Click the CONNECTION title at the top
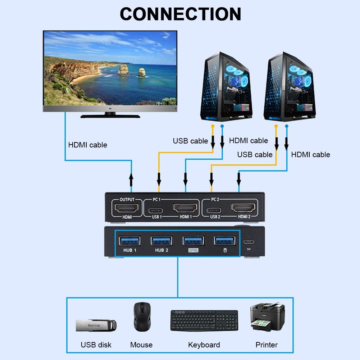pyautogui.click(x=180, y=14)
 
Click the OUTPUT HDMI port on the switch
pyautogui.click(x=126, y=208)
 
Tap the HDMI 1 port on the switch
pyautogui.click(x=186, y=208)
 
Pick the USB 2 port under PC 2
pyautogui.click(x=215, y=209)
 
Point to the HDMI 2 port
pyautogui.click(x=243, y=208)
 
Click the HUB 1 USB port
pyautogui.click(x=130, y=240)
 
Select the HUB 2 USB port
pyautogui.click(x=161, y=240)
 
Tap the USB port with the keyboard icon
pyautogui.click(x=193, y=240)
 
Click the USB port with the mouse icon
pyautogui.click(x=225, y=240)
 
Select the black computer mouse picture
pyautogui.click(x=141, y=316)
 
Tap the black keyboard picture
pyautogui.click(x=204, y=320)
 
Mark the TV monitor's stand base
pyautogui.click(x=110, y=116)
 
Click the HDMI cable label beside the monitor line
pyautogui.click(x=88, y=145)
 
